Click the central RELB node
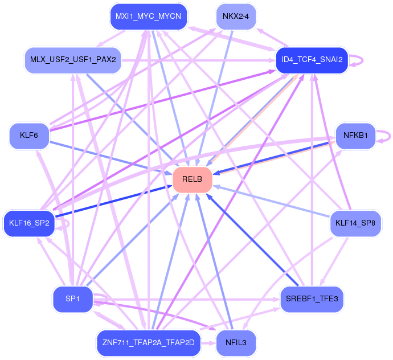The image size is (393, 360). [193, 179]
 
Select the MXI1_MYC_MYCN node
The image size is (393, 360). [149, 17]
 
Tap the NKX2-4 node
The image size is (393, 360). [236, 17]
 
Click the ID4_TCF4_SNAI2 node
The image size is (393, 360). [312, 60]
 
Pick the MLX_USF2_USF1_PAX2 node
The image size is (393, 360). [73, 60]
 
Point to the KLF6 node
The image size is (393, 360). [29, 136]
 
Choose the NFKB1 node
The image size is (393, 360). [355, 136]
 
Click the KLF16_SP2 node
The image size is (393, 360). [29, 223]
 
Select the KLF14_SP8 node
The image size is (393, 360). [355, 223]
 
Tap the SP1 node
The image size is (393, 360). [73, 299]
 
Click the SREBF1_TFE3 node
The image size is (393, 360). [312, 299]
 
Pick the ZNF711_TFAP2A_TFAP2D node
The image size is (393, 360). [149, 343]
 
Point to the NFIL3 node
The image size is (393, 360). [236, 343]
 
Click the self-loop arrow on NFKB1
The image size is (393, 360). [390, 136]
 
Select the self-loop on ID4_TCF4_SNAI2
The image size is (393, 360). [362, 60]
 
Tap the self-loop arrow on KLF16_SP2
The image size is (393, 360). [68, 223]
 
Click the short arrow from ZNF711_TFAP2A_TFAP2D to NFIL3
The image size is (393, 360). [208, 343]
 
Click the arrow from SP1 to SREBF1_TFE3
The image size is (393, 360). [187, 300]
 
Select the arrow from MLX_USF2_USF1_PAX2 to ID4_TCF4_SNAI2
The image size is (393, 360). [199, 60]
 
